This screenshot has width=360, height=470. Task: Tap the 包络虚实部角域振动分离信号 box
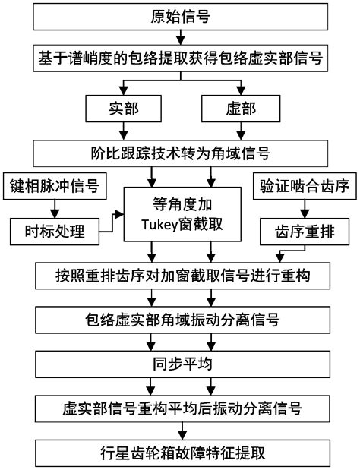[x=181, y=317]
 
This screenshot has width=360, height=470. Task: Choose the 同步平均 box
[x=181, y=363]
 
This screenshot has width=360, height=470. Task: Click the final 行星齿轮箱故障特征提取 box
[x=181, y=453]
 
